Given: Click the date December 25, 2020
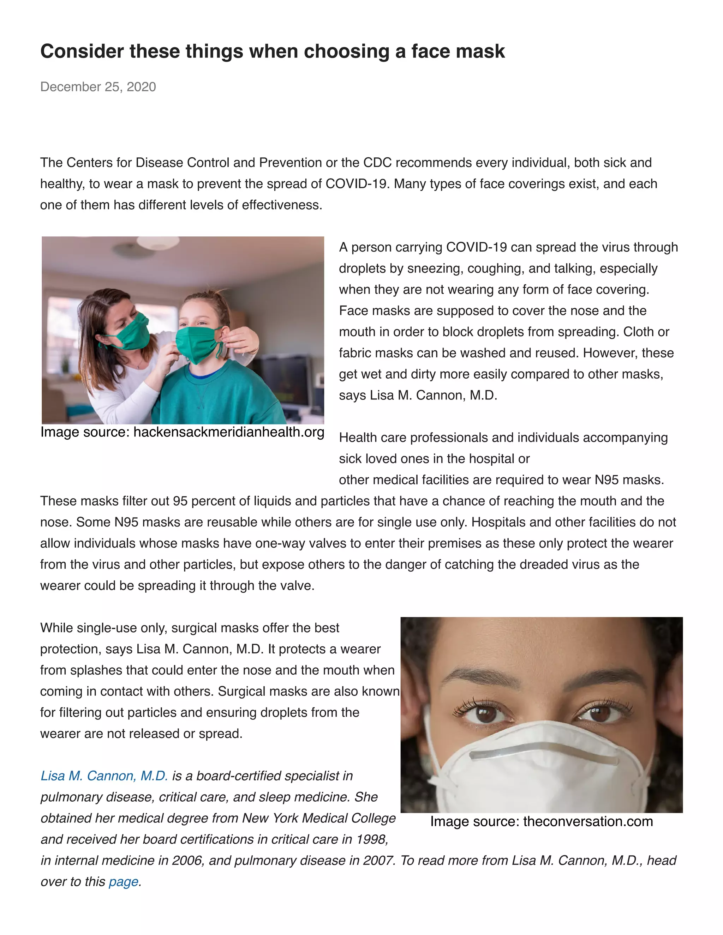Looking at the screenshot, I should tap(98, 87).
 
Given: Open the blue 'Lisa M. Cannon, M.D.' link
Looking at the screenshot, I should tap(104, 776).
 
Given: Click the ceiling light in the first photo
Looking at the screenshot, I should tap(157, 243).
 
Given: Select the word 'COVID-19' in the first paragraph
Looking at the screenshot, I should tap(358, 184).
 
